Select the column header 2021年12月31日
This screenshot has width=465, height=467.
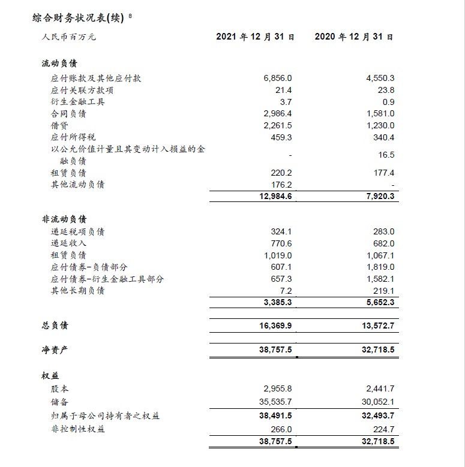pyautogui.click(x=255, y=37)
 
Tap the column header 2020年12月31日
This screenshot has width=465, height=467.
pyautogui.click(x=354, y=37)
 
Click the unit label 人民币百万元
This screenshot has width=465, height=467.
pyautogui.click(x=69, y=37)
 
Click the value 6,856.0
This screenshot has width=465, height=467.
pyautogui.click(x=277, y=79)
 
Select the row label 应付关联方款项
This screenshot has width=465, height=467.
pyautogui.click(x=83, y=90)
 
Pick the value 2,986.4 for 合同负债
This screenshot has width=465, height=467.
pyautogui.click(x=277, y=113)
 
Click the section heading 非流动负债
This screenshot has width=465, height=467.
pyautogui.click(x=64, y=219)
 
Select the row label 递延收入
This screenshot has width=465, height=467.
pyautogui.click(x=69, y=243)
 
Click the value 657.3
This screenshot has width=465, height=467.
pyautogui.click(x=282, y=279)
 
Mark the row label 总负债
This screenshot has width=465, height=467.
pyautogui.click(x=55, y=326)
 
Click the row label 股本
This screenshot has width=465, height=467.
pyautogui.click(x=61, y=389)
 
